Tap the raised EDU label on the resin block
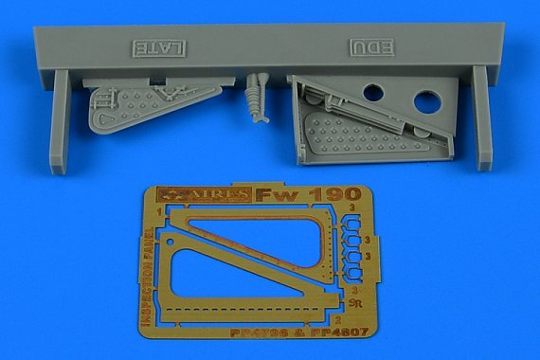pos(369,46)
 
